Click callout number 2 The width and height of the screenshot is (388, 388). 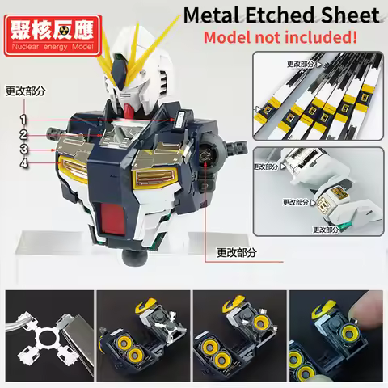pyautogui.click(x=23, y=133)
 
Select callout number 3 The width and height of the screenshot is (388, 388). pyautogui.click(x=23, y=148)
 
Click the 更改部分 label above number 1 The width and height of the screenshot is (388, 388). pyautogui.click(x=24, y=91)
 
